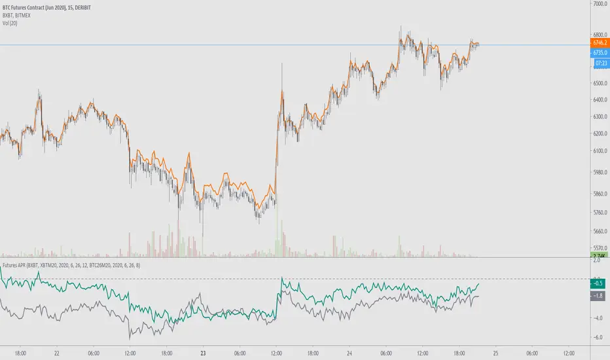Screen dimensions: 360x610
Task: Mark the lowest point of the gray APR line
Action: point(131,338)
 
